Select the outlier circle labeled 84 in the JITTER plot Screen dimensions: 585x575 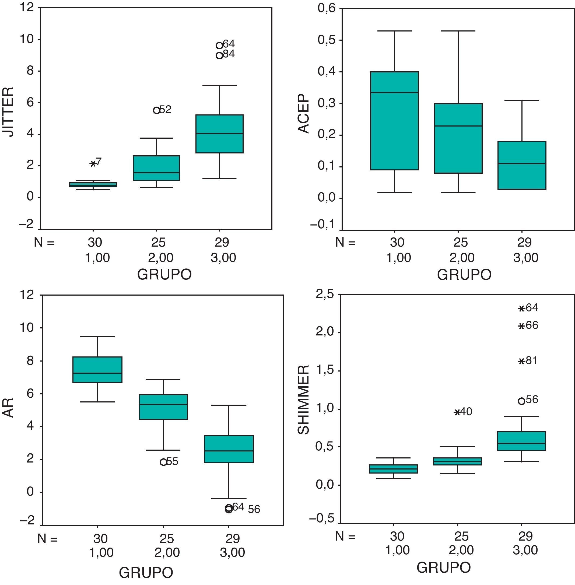click(x=220, y=55)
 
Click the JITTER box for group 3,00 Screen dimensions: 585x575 click(x=220, y=134)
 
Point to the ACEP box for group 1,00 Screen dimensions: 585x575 click(x=394, y=121)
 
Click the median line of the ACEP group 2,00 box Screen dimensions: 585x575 click(x=458, y=126)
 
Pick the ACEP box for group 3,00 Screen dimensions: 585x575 click(x=522, y=165)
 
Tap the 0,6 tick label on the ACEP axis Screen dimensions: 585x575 click(x=327, y=8)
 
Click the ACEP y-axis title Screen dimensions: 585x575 click(x=304, y=113)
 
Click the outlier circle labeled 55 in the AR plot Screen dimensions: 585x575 click(x=163, y=462)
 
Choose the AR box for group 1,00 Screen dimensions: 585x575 click(x=97, y=370)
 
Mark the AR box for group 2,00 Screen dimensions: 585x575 click(x=163, y=407)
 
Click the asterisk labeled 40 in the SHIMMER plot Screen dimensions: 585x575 click(x=457, y=412)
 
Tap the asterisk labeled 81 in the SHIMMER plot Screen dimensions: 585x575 click(x=521, y=361)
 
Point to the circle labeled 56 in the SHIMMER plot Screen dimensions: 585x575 click(x=521, y=401)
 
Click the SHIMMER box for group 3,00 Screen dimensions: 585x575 click(x=521, y=441)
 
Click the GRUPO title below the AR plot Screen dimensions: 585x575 click(x=146, y=572)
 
